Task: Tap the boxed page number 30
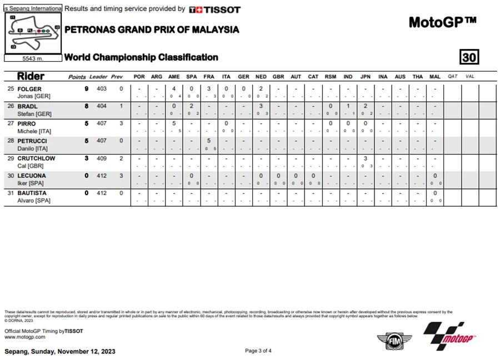pos(469,57)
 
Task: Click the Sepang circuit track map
pos(33,33)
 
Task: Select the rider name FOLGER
pos(29,89)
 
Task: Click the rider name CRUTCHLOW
pos(37,158)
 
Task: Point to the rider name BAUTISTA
pos(32,193)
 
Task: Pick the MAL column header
pos(435,77)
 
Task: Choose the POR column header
pos(139,77)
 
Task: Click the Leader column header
pos(98,77)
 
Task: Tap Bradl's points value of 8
pos(87,106)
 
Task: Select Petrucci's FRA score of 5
pos(208,141)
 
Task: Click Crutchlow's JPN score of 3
pos(366,158)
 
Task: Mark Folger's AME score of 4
pos(174,89)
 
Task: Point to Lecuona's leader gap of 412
pos(102,176)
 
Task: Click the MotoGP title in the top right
pos(442,22)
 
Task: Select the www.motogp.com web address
pos(24,337)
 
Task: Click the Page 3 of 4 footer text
pos(258,351)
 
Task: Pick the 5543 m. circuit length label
pos(32,58)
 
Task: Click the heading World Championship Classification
pos(141,57)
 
